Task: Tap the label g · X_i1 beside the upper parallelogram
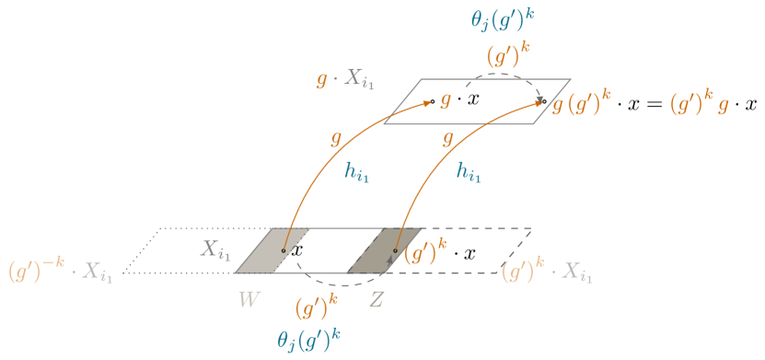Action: coord(343,79)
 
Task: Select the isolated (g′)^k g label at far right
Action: coord(699,104)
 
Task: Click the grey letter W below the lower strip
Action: coord(248,299)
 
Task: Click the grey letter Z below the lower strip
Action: coord(377,299)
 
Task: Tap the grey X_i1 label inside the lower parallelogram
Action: coord(216,249)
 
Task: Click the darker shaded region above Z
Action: coord(377,250)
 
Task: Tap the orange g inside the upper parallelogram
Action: coord(446,100)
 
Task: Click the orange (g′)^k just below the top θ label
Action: coord(507,53)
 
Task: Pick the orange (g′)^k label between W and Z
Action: coord(315,307)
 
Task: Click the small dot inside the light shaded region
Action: coord(283,250)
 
